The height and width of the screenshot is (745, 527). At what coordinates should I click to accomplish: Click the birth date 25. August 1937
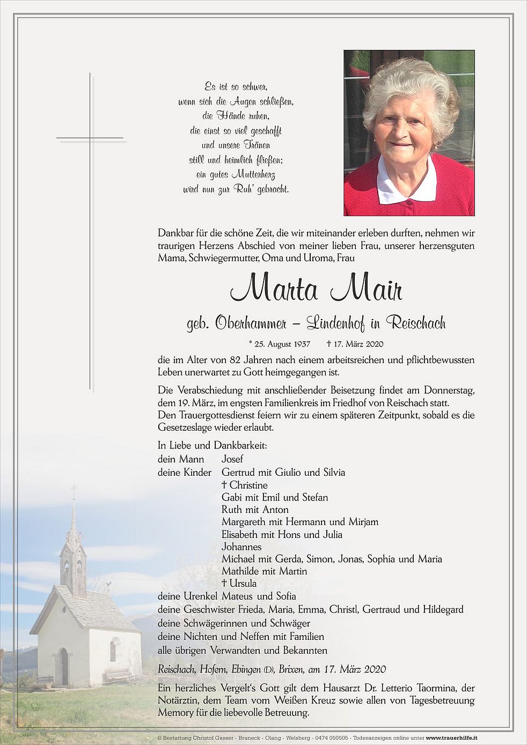coord(283,344)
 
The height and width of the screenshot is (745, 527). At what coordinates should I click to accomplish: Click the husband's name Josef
coord(232,459)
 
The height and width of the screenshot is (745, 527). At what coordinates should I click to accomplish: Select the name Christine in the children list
coord(248,485)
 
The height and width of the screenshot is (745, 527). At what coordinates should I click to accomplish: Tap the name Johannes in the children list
coord(241,547)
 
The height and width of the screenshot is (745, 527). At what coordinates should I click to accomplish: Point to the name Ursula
coord(243,584)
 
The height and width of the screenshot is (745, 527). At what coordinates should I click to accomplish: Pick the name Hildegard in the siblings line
coord(443,610)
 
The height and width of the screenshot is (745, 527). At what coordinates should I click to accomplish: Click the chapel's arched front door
coord(64,667)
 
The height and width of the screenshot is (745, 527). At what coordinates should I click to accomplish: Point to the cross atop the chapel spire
coord(74,489)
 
